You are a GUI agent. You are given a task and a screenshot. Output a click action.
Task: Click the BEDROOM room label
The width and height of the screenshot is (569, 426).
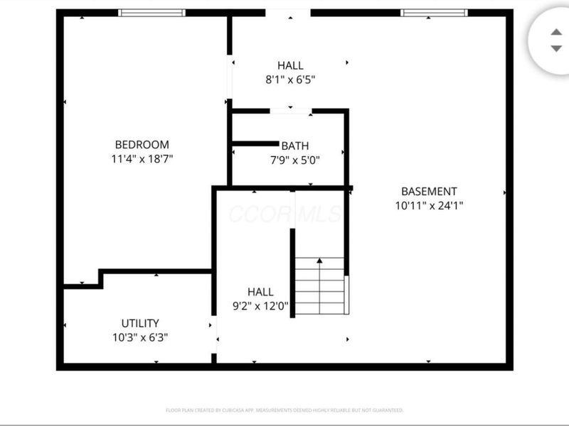pos(142,145)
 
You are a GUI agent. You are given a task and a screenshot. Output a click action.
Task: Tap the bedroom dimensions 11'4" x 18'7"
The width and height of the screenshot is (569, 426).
pos(142,159)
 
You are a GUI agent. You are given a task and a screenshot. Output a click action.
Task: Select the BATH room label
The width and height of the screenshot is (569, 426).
pos(294,146)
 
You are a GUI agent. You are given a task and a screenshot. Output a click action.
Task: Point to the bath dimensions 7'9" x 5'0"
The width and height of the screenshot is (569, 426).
pos(294,160)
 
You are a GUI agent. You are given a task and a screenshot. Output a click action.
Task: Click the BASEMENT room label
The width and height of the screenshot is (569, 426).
pos(429,191)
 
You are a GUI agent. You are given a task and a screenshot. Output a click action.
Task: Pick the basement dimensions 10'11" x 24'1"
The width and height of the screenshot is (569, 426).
pos(429,206)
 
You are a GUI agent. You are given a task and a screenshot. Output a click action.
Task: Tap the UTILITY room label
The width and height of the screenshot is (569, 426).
pos(140,323)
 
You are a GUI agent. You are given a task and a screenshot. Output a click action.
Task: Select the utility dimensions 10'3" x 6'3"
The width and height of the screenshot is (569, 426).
pos(140,337)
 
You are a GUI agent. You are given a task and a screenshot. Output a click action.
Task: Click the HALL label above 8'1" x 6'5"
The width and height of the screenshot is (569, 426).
pos(290,66)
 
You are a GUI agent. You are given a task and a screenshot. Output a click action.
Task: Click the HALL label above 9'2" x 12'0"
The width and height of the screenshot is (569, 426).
pos(260,292)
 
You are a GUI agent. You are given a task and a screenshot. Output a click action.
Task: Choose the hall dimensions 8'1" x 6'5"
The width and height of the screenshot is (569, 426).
pos(290,80)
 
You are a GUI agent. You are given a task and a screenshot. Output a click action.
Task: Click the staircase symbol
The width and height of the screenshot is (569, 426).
pos(320,286)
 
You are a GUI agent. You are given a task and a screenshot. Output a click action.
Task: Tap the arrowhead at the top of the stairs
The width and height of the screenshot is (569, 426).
pos(320,261)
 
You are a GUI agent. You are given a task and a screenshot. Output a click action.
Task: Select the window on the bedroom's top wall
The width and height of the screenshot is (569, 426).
pos(151,13)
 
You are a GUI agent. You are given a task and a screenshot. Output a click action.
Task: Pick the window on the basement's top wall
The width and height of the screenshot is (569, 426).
pos(434,13)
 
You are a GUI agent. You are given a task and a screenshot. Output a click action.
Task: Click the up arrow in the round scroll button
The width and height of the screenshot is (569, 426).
pos(556,32)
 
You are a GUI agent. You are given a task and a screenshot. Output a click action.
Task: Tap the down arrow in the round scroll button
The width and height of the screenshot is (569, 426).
pos(556,48)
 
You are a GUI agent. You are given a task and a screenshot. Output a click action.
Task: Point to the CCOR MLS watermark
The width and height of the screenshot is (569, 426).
pos(284,214)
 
